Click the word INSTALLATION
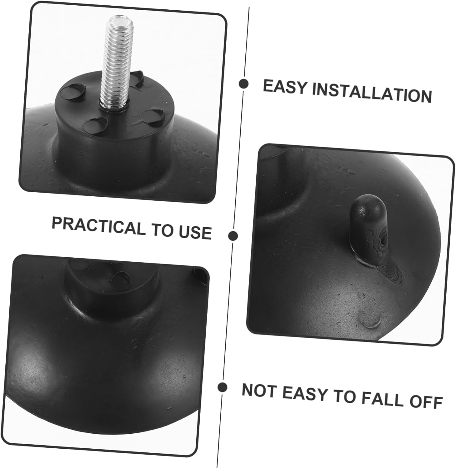coord(372,92)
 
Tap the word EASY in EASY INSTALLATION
coord(285,87)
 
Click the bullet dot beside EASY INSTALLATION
coord(243,84)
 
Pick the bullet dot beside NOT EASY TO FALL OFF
coord(222,387)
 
